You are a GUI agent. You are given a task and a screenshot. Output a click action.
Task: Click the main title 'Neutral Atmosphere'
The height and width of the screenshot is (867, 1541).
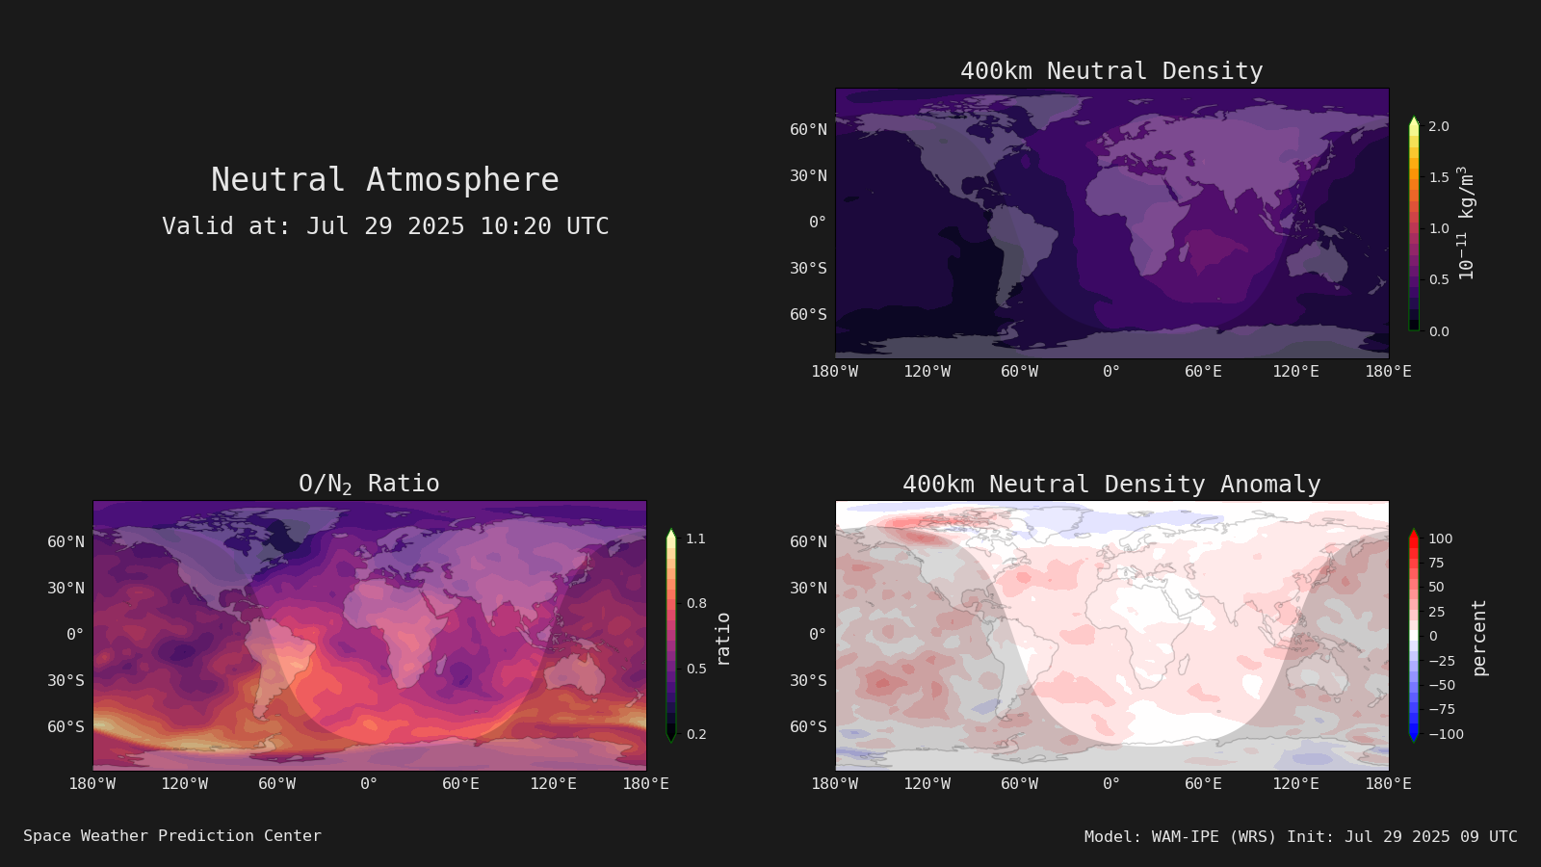point(384,179)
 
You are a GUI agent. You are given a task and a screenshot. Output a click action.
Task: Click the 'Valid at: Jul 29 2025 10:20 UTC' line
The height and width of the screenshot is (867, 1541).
point(385,225)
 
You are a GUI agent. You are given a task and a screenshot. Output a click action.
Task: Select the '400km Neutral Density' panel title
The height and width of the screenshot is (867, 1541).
point(1111,71)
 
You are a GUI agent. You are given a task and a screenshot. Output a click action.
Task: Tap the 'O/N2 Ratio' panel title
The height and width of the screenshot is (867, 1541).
point(369,484)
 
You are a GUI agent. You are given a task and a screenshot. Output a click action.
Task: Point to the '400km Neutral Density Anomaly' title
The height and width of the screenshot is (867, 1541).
point(1111,484)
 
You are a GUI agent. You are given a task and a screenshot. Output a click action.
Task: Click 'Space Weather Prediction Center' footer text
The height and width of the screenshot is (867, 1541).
point(172,835)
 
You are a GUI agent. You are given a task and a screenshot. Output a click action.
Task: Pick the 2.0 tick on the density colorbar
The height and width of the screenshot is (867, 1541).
point(1439,126)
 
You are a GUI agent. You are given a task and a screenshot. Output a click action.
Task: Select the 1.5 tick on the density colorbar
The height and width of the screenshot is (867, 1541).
point(1439,177)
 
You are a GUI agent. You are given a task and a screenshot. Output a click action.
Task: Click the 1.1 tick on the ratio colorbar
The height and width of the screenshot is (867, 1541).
point(695,539)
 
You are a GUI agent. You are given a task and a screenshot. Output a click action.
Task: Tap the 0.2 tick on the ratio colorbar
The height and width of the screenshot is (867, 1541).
point(696,734)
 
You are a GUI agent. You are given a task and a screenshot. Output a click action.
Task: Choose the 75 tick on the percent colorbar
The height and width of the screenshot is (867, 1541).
point(1436,563)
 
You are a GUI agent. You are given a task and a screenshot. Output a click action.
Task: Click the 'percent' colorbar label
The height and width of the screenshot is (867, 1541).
point(1479,638)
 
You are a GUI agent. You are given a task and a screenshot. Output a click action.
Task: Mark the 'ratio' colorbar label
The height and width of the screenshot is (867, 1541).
point(722,640)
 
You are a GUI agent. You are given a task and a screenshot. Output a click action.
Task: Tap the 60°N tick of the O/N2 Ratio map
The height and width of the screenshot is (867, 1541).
point(66,542)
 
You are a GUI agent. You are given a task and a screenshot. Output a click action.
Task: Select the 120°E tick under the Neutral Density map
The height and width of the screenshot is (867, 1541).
point(1295,372)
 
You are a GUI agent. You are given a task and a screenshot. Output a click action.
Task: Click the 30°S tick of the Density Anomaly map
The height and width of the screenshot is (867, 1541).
point(808,680)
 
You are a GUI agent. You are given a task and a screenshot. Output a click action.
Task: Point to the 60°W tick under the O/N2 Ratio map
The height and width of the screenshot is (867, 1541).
point(276,784)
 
